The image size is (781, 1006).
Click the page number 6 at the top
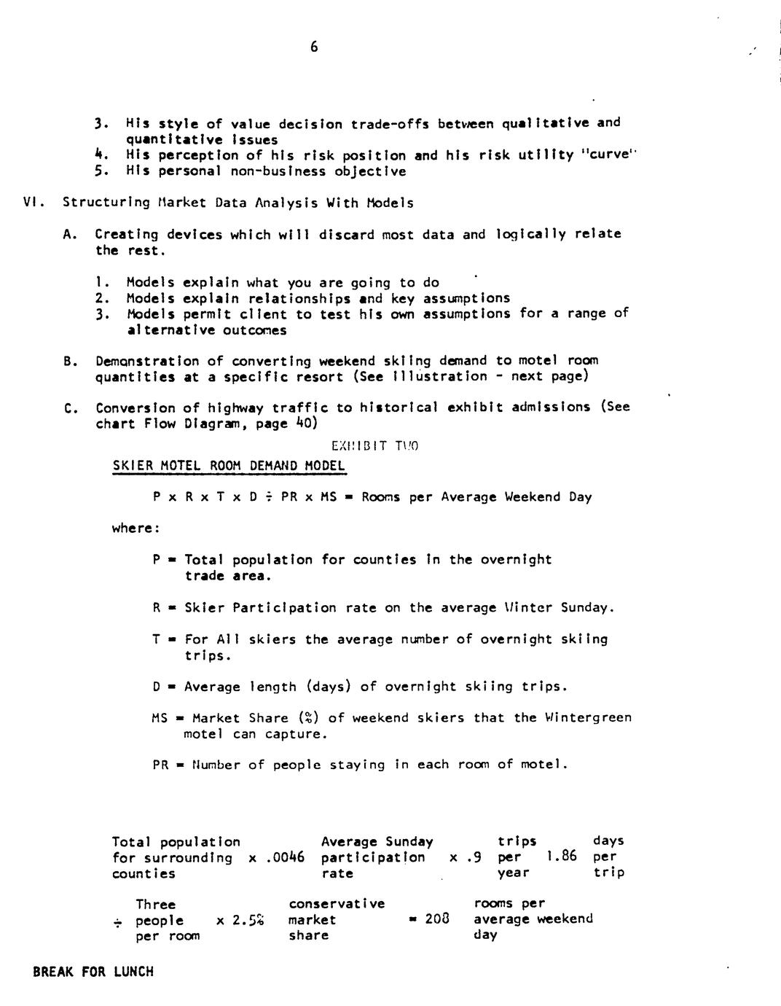(314, 47)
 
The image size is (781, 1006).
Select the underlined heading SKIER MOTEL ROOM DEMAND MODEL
(229, 466)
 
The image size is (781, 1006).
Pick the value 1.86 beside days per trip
(562, 857)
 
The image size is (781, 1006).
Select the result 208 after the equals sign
(437, 919)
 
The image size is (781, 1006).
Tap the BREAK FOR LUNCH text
(93, 972)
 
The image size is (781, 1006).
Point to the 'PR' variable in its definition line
(160, 765)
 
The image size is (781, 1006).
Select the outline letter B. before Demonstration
(71, 362)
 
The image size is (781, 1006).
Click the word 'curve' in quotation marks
(608, 155)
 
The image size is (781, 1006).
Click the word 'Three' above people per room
(155, 905)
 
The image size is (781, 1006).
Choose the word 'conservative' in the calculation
(337, 904)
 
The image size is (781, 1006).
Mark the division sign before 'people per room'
(117, 922)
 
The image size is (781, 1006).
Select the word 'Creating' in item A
(127, 234)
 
